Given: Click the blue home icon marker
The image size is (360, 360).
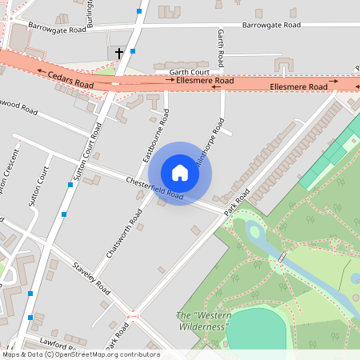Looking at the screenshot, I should pos(180,173).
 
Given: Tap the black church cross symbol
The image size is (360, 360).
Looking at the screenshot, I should pos(119,54).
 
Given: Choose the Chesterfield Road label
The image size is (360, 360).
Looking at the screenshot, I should pos(154,189).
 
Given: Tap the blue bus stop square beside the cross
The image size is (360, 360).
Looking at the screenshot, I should pos(132,51).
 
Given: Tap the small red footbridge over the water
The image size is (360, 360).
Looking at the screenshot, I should pos(282,257).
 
